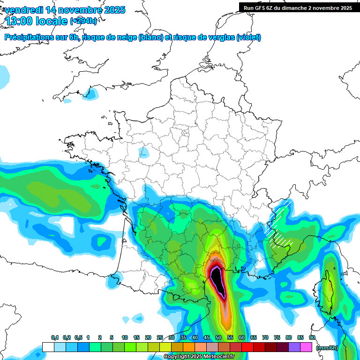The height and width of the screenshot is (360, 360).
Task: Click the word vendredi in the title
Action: pyautogui.click(x=22, y=10)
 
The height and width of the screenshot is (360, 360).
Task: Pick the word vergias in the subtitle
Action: pyautogui.click(x=221, y=37)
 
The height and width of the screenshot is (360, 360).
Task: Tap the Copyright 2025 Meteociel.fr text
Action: pyautogui.click(x=199, y=357)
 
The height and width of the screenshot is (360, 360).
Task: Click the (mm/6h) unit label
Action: pyautogui.click(x=327, y=348)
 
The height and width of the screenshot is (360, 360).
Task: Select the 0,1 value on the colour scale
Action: pyautogui.click(x=54, y=338)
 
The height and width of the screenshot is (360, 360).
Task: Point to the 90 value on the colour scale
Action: pyautogui.click(x=312, y=338)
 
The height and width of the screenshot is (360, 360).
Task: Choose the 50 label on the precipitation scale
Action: pyautogui.click(x=218, y=338)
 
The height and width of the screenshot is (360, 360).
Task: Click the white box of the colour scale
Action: pyautogui.click(x=48, y=347)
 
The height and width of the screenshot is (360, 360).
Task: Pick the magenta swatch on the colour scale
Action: pyautogui.click(x=306, y=347)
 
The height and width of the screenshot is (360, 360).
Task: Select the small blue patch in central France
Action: pyautogui.click(x=144, y=153)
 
